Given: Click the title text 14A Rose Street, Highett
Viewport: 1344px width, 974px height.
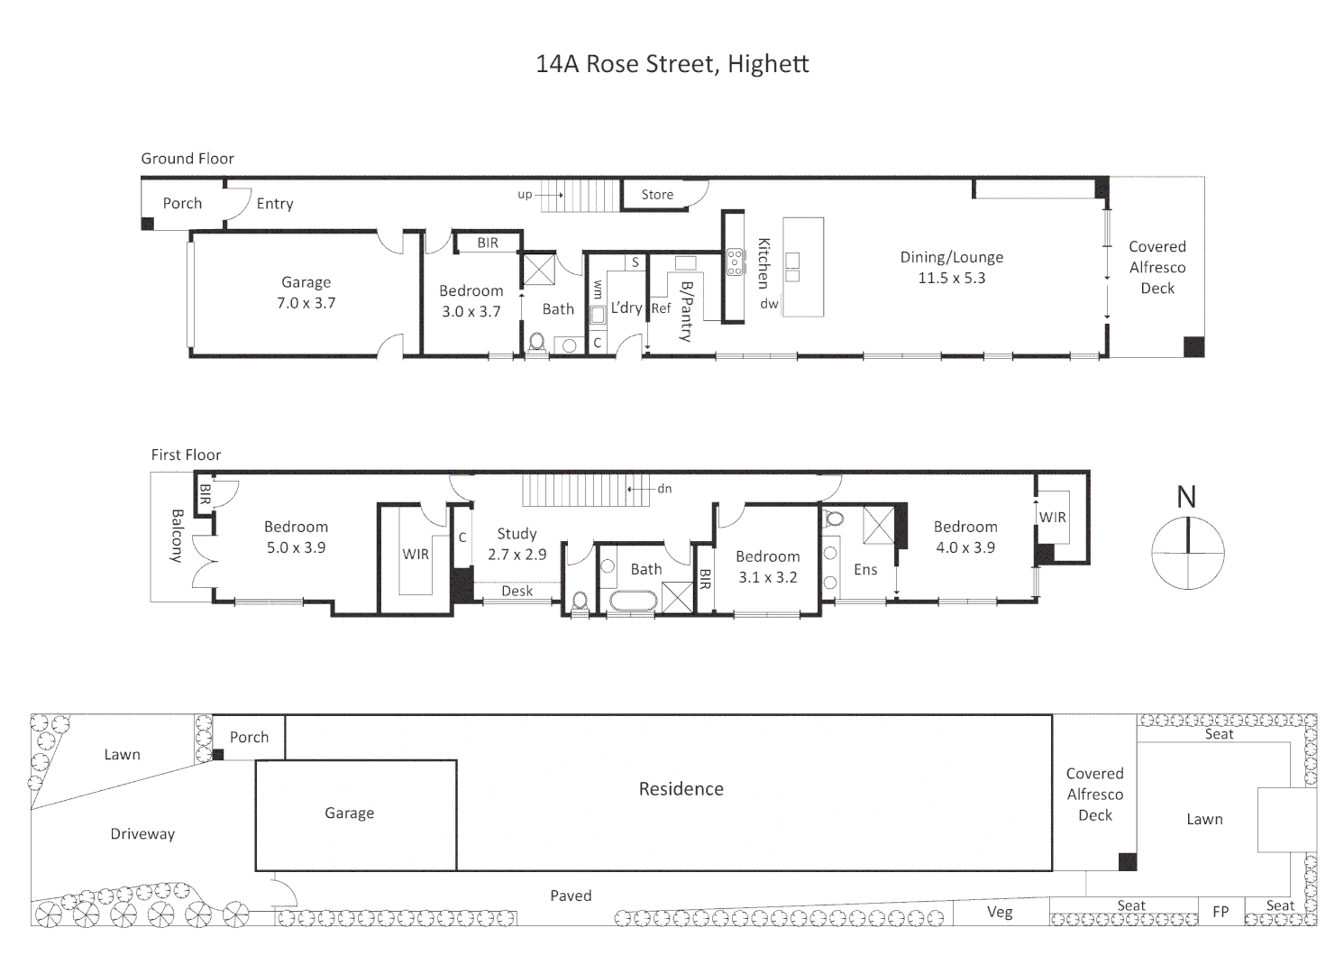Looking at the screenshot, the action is pyautogui.click(x=672, y=64).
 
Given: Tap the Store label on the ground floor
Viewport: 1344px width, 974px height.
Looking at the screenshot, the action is pyautogui.click(x=657, y=195).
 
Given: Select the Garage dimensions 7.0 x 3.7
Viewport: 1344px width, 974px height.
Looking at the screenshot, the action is pyautogui.click(x=306, y=303).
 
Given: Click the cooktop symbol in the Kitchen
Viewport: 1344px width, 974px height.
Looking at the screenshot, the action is pyautogui.click(x=735, y=262).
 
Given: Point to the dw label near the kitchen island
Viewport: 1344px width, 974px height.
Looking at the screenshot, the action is pyautogui.click(x=769, y=304).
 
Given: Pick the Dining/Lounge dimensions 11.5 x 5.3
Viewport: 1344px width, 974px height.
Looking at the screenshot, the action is pyautogui.click(x=952, y=278).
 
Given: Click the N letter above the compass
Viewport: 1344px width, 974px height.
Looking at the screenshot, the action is pyautogui.click(x=1186, y=497).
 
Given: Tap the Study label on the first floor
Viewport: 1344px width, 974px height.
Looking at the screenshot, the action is pyautogui.click(x=517, y=534).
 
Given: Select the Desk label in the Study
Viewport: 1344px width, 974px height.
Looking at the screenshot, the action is pyautogui.click(x=517, y=591).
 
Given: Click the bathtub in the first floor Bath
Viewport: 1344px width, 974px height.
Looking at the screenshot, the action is pyautogui.click(x=634, y=601).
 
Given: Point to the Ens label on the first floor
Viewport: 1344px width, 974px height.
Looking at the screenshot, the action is pyautogui.click(x=865, y=569).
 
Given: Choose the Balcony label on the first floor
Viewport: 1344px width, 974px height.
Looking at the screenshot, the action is pyautogui.click(x=177, y=536).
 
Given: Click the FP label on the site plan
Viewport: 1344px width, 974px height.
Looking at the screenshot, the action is pyautogui.click(x=1221, y=912).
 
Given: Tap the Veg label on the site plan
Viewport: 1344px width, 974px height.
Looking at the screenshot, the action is pyautogui.click(x=1000, y=913).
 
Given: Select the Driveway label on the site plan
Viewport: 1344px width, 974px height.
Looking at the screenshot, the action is pyautogui.click(x=142, y=834).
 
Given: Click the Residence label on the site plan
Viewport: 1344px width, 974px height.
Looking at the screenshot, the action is pyautogui.click(x=681, y=788).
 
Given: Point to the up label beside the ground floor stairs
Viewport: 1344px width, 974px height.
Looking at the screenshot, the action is pyautogui.click(x=525, y=195).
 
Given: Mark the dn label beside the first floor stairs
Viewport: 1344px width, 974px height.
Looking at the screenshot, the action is pyautogui.click(x=664, y=489).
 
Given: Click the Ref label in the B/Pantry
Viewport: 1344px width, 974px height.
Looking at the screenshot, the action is pyautogui.click(x=662, y=308).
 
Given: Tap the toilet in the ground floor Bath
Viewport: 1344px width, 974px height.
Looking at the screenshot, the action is pyautogui.click(x=537, y=345).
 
